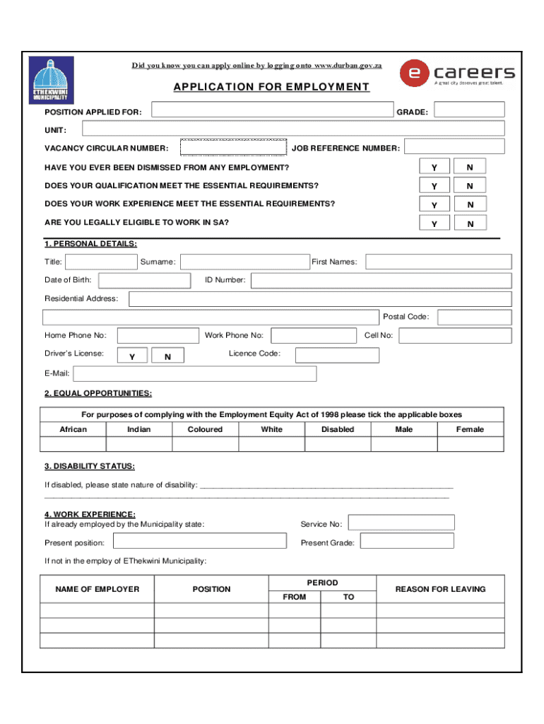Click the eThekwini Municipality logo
[x=51, y=81]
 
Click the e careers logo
[x=457, y=73]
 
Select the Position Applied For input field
[x=272, y=110]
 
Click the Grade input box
[x=469, y=110]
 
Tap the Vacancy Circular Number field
[x=234, y=147]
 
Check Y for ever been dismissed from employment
[x=435, y=167]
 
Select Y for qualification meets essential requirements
[x=435, y=185]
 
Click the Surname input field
[x=243, y=262]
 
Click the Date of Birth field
[x=146, y=280]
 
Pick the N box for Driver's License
[x=167, y=356]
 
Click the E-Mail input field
[x=195, y=373]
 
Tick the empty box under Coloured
[x=205, y=444]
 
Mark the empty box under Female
[x=471, y=444]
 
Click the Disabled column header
[x=338, y=429]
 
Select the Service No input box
[x=401, y=522]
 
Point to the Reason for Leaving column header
[x=440, y=589]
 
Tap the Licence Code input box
[x=336, y=355]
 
